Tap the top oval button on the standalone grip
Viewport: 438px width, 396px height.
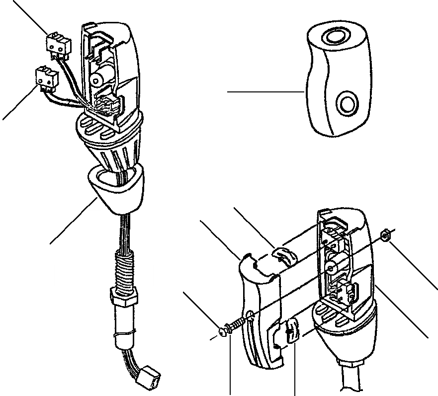pos(333,36)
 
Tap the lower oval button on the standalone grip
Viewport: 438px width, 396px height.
pos(346,103)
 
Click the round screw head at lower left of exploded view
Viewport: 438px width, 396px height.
pos(224,329)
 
